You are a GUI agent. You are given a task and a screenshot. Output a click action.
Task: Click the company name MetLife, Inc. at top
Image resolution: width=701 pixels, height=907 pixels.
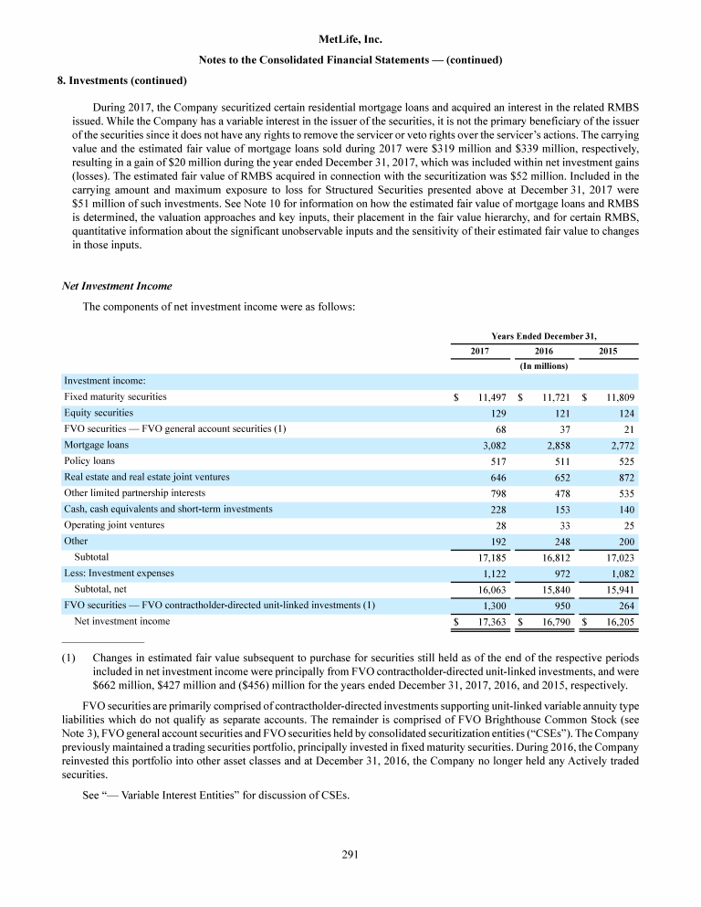point(350,40)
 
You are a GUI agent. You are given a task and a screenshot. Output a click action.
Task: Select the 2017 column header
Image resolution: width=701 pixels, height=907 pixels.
point(480,351)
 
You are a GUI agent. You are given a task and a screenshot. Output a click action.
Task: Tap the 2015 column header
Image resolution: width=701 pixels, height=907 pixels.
point(608,351)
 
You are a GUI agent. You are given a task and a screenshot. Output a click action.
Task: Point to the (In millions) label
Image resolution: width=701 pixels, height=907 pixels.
point(544,366)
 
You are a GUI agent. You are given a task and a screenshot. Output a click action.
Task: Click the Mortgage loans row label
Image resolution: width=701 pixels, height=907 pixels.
point(96,445)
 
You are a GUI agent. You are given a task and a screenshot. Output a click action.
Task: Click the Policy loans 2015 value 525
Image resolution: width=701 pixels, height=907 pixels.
point(623,461)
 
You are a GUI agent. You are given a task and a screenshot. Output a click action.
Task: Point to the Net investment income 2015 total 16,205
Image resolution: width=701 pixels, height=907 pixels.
point(618,621)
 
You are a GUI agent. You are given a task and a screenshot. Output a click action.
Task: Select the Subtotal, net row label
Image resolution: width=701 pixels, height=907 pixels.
point(104,588)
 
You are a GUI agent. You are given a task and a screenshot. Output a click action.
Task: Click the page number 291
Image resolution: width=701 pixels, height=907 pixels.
point(350,855)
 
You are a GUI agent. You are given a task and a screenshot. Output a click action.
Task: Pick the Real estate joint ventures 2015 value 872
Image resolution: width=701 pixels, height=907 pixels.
point(623,478)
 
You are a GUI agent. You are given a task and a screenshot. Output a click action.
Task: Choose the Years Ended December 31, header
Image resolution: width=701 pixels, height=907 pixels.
point(544,335)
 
